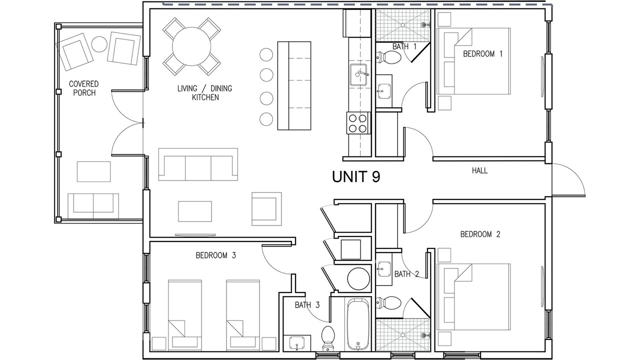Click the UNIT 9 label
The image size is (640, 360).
pyautogui.click(x=356, y=176)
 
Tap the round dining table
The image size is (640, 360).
pyautogui.click(x=191, y=46)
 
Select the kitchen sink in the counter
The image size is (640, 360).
pyautogui.click(x=358, y=75)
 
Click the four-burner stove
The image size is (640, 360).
pyautogui.click(x=358, y=123)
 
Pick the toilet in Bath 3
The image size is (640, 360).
pyautogui.click(x=327, y=338)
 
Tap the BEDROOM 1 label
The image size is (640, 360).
pyautogui.click(x=482, y=53)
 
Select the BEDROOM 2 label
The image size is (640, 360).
pyautogui.click(x=480, y=234)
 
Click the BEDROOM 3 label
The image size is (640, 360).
pyautogui.click(x=215, y=255)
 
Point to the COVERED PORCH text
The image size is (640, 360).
pyautogui.click(x=84, y=88)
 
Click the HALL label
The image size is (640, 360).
pyautogui.click(x=479, y=171)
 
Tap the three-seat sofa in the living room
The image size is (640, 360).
pyautogui.click(x=198, y=164)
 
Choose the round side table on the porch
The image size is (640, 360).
pyautogui.click(x=99, y=44)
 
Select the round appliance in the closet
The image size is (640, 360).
pyautogui.click(x=358, y=278)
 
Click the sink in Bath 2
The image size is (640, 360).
pyautogui.click(x=384, y=269)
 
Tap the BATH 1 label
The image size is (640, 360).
pyautogui.click(x=404, y=46)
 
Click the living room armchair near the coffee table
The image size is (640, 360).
pyautogui.click(x=266, y=209)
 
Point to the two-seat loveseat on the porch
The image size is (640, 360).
pyautogui.click(x=93, y=206)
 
